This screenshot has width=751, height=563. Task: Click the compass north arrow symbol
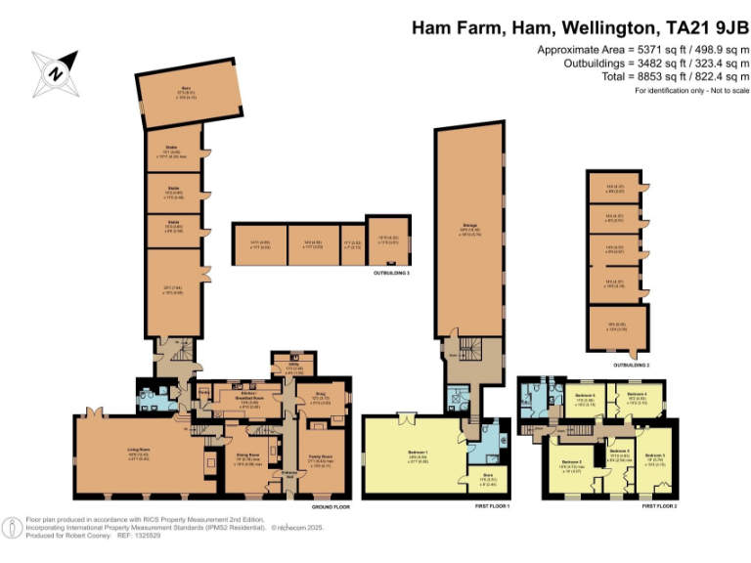(57, 69)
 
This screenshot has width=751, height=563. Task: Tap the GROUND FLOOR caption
(333, 507)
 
